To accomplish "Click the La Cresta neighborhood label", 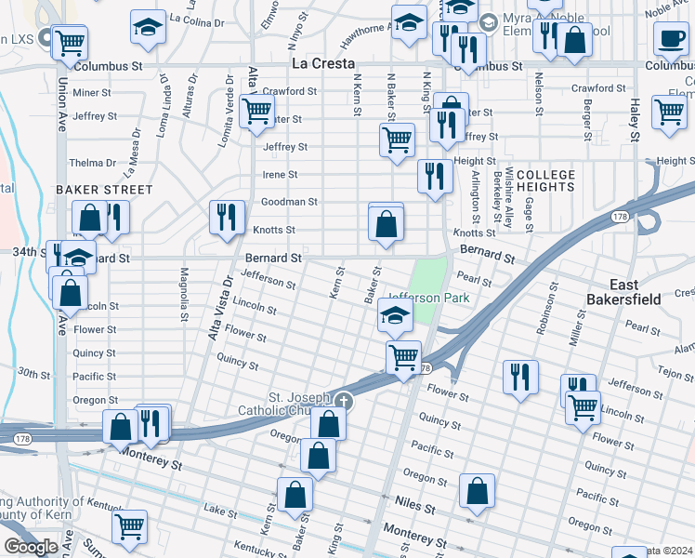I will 323,63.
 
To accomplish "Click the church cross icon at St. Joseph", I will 344,402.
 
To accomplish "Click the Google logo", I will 30,547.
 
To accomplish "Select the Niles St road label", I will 416,509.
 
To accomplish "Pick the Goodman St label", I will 290,201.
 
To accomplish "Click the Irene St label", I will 280,174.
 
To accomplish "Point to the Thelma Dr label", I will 93,163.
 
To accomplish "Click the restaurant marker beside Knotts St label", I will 227,218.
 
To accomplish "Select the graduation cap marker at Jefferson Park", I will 395,318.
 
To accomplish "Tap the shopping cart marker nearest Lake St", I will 129,525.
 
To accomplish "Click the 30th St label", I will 33,373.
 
